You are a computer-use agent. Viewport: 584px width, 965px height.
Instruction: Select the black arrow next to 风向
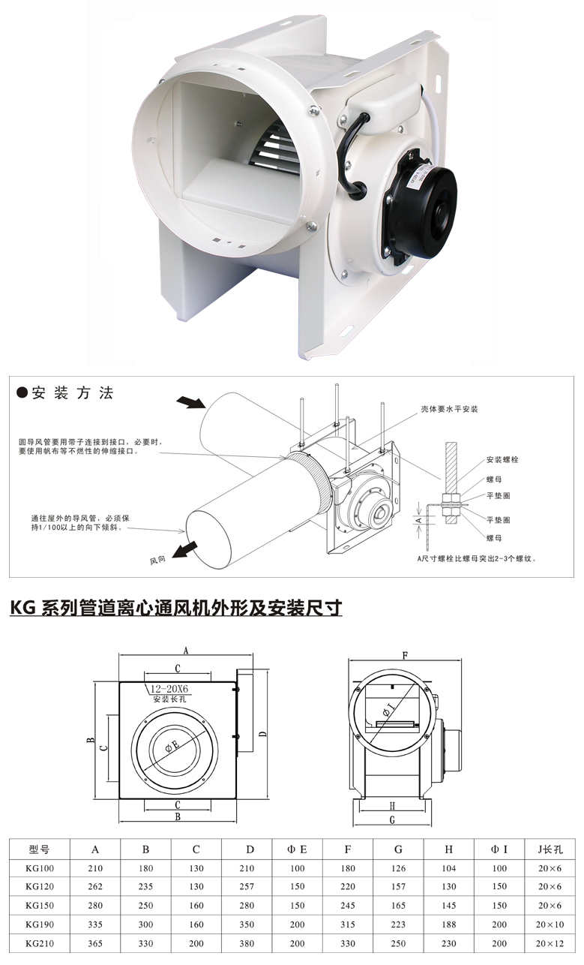click(x=179, y=552)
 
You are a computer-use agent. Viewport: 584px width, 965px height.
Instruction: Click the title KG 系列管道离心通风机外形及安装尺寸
click(x=176, y=607)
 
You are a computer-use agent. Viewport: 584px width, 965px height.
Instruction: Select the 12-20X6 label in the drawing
click(x=169, y=689)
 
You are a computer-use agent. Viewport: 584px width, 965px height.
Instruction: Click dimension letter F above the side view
click(x=404, y=655)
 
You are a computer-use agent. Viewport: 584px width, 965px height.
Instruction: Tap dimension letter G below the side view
click(x=392, y=820)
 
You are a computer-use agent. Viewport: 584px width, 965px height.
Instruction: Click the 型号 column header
click(x=39, y=849)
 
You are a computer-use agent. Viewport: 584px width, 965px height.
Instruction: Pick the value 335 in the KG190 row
click(x=95, y=924)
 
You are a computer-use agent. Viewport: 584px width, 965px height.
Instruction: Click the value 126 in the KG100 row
click(x=398, y=868)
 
